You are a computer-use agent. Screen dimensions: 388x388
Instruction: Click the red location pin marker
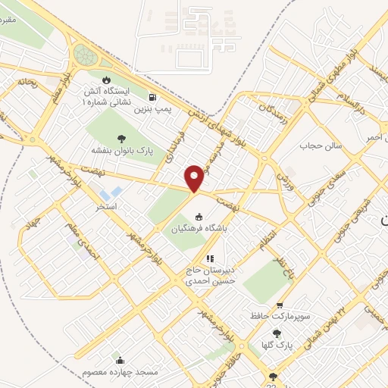pos(195,177)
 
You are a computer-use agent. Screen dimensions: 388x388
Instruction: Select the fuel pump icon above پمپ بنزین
pos(155,97)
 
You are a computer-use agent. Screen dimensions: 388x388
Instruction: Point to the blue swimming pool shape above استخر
pos(115,192)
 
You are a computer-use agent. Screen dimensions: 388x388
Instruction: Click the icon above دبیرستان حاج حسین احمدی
pos(210,259)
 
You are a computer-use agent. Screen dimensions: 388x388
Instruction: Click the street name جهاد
pos(31,225)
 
